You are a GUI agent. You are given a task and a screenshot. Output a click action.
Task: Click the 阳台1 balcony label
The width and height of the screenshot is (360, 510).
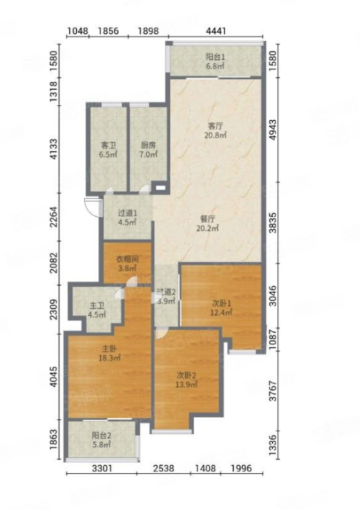tap(215, 57)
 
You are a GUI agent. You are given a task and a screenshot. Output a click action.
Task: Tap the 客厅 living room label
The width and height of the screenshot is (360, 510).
tap(215, 126)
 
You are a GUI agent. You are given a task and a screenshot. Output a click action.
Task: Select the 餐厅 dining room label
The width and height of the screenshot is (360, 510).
tap(208, 219)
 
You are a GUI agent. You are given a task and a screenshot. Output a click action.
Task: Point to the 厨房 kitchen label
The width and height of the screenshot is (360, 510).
tap(148, 145)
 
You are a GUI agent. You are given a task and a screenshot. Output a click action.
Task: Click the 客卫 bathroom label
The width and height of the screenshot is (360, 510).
tap(109, 145)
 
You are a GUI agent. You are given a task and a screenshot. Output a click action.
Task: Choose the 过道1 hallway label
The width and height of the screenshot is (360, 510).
tap(127, 214)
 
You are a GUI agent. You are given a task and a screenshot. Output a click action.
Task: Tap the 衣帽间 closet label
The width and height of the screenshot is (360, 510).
tap(128, 259)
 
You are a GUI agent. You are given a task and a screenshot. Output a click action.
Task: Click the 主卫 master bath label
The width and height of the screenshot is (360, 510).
tap(97, 306)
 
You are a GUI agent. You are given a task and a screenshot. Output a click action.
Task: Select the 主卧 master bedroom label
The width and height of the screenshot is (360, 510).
tap(110, 349)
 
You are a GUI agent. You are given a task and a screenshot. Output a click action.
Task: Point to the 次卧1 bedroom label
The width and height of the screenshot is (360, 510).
tap(221, 303)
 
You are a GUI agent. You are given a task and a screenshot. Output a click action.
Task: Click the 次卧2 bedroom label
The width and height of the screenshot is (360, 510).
tap(186, 376)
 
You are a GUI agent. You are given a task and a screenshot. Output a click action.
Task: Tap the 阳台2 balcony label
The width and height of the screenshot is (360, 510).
tap(102, 435)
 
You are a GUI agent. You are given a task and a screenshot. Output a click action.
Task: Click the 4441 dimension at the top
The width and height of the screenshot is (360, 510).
tap(216, 31)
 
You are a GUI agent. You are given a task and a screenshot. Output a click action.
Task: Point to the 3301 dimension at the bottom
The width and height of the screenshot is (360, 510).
tap(102, 468)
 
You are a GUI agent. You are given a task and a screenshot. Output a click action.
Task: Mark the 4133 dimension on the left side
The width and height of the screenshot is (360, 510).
tap(53, 150)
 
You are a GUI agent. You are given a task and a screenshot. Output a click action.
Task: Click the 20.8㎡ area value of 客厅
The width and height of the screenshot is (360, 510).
tap(215, 134)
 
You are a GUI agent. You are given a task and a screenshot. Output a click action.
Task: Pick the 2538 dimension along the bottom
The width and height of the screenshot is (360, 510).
tap(163, 468)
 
